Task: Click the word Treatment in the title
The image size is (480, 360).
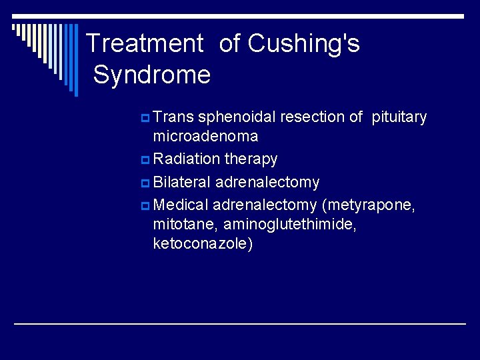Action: pos(145,44)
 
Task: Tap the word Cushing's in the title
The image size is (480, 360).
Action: pos(303,44)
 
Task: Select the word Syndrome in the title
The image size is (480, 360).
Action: pos(151,74)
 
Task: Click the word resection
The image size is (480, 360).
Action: pos(312,117)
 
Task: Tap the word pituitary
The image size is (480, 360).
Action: pos(399,117)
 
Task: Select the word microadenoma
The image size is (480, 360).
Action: pos(205,137)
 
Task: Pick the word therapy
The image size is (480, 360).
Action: pos(251,160)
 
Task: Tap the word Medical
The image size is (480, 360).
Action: pos(181,205)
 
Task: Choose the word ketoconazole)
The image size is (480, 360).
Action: pos(203,244)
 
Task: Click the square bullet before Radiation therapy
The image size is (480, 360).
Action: pos(145,160)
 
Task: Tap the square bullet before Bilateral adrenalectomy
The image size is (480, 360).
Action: pos(145,183)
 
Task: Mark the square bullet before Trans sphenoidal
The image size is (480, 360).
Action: pos(145,118)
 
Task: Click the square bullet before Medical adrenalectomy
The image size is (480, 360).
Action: pos(145,205)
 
